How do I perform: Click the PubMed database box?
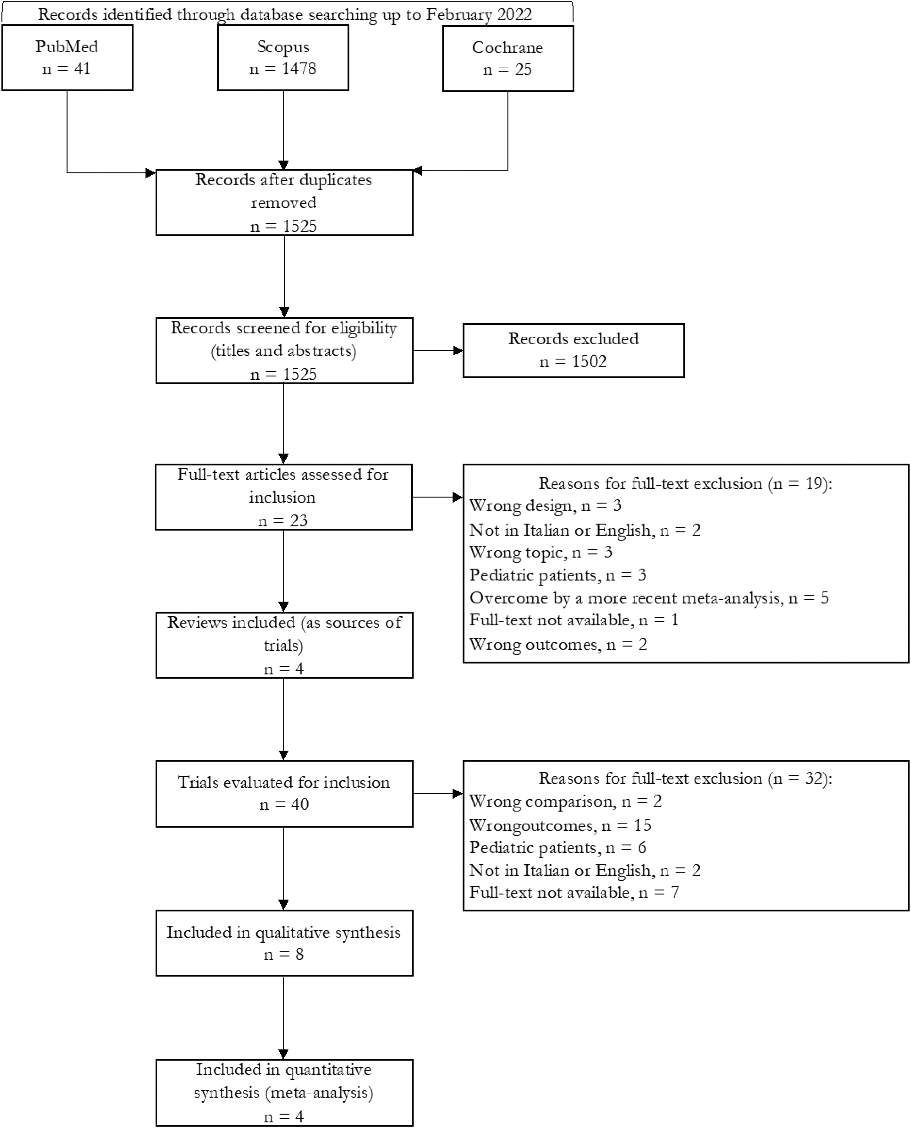coord(67,58)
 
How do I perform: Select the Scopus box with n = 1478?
coord(283,58)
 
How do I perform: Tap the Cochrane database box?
coord(508,58)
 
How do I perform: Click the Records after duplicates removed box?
coord(284,202)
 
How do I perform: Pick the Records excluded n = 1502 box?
coord(574,351)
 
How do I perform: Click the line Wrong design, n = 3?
coord(545,505)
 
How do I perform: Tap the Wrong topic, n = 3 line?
coord(540,552)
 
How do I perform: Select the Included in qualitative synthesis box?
coord(284,943)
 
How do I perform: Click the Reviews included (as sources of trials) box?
coord(284,645)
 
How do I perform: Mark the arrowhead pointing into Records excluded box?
coord(458,351)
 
